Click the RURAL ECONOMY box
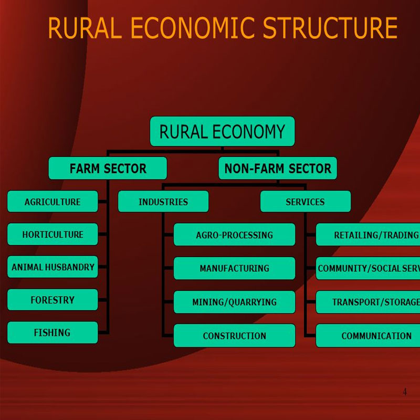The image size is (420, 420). coord(222,131)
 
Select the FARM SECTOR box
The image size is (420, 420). coord(108,169)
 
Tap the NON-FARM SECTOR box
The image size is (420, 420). coord(278,169)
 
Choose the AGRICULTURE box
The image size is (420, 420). coord(52,202)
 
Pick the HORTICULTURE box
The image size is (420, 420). coord(52,234)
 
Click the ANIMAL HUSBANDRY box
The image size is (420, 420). coord(52,267)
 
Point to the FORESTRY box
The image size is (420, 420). coord(52,300)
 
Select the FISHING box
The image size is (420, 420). coord(52,332)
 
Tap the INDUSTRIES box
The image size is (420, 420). coord(163,202)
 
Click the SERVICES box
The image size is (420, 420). coord(305,202)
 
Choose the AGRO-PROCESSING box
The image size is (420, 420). coord(234,235)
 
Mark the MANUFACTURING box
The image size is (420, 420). coord(234,268)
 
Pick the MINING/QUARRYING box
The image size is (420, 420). coord(234,302)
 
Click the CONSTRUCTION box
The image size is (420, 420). coord(234,335)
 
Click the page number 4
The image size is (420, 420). coord(404,392)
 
